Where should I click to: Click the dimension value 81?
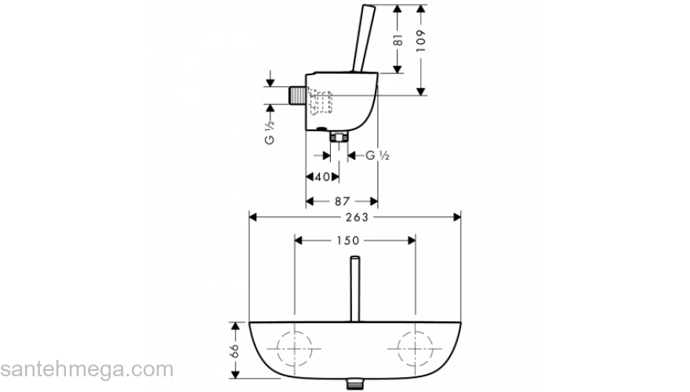click(x=398, y=39)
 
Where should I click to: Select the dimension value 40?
click(x=321, y=177)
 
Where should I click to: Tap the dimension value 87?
click(x=341, y=201)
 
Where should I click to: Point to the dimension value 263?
click(x=355, y=217)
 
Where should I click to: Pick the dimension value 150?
click(x=354, y=241)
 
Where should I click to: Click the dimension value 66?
click(x=234, y=352)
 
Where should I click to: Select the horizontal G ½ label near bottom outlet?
click(x=379, y=155)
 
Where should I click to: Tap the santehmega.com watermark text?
click(x=86, y=368)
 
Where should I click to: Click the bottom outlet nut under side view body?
click(x=339, y=139)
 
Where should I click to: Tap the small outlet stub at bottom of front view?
click(x=354, y=384)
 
